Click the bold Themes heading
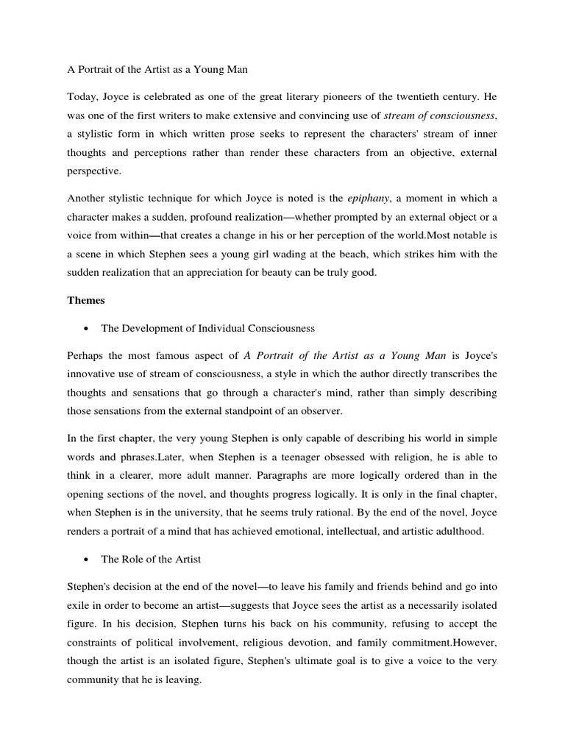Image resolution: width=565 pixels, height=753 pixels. (x=86, y=300)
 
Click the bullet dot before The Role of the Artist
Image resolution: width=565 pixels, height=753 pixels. (x=88, y=560)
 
